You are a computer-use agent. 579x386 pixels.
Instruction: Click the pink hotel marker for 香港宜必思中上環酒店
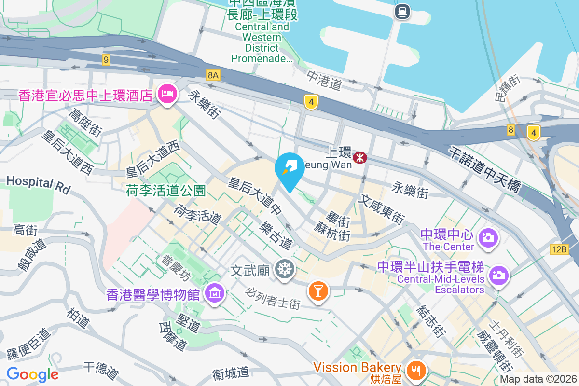tap(167, 93)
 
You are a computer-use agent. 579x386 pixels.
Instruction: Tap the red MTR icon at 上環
tap(359, 157)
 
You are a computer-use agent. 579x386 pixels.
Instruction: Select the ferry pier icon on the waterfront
tap(401, 11)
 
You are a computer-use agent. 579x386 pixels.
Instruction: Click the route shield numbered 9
tap(106, 60)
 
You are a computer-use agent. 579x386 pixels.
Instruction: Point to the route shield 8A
tap(213, 75)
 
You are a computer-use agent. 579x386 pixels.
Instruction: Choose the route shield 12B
tap(559, 249)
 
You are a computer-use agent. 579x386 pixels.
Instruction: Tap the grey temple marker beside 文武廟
tap(285, 269)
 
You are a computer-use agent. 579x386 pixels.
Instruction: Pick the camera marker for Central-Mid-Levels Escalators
tap(498, 276)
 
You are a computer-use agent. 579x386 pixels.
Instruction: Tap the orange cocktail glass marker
tap(318, 290)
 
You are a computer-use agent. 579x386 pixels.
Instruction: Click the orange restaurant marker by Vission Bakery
tap(415, 370)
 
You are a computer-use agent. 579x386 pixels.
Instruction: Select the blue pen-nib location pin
tap(289, 169)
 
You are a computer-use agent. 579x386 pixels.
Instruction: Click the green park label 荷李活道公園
tap(166, 190)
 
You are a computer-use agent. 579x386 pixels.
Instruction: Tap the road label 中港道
tap(324, 80)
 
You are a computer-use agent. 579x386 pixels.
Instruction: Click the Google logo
tap(32, 374)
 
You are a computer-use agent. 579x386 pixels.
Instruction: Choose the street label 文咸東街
tap(381, 208)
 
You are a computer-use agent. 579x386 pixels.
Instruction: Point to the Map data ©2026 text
tap(538, 379)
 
